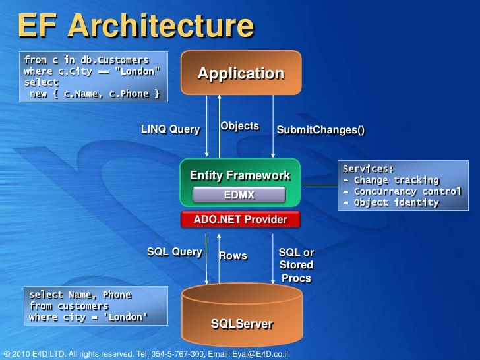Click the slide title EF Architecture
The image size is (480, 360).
coord(135,26)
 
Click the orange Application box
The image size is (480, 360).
coord(241,73)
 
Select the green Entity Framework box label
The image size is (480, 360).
coord(240,175)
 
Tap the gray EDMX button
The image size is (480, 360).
coord(239,195)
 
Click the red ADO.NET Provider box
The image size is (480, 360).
coord(240,220)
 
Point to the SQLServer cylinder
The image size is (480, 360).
coord(241,316)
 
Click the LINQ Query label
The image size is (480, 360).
coord(170,129)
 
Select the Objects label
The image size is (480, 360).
coord(239,126)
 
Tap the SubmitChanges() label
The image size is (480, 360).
coord(320,130)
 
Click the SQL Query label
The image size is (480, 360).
coord(174,252)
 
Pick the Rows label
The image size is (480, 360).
coord(233,256)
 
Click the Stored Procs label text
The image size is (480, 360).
coord(297,272)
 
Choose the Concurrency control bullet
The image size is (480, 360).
coord(402,191)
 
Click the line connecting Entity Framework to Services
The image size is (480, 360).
coord(319,185)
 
